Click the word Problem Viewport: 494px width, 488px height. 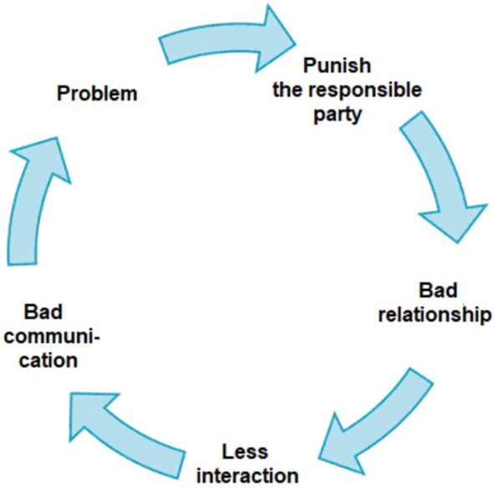click(97, 94)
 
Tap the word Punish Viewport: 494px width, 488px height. click(337, 65)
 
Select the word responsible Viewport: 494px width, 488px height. click(364, 90)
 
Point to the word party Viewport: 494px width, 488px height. click(338, 114)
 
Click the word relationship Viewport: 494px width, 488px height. click(435, 314)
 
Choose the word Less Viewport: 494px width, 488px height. click(245, 451)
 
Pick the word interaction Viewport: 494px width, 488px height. click(247, 475)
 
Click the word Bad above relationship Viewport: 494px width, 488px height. click(438, 290)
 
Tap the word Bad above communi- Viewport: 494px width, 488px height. click(43, 312)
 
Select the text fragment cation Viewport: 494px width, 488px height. click(48, 360)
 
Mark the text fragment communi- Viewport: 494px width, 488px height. click(52, 337)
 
